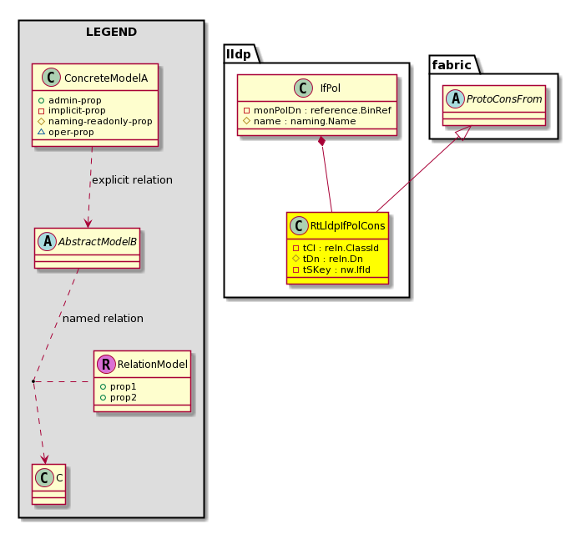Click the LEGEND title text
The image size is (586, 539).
coord(111,33)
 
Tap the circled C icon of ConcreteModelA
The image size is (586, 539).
coord(51,78)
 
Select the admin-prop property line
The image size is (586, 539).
coord(70,100)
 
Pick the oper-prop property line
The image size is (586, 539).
coord(66,132)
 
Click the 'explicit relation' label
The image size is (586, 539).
coord(132,180)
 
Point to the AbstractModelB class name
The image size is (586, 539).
coord(98,242)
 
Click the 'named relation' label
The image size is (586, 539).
coord(103,318)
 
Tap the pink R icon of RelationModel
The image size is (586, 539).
coord(106,364)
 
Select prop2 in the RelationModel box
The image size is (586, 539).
coord(119,397)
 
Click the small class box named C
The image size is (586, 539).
coord(49,484)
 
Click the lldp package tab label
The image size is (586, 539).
coord(239,54)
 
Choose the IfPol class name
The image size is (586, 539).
coord(331,88)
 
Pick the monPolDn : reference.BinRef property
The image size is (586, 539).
coord(318,111)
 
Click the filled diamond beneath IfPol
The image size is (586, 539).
coord(321,142)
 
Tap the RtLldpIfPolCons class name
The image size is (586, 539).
coord(347,225)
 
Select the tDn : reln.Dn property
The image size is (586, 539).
coord(328,259)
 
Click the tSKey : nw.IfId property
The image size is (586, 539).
coord(331,269)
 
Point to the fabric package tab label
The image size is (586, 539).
coord(452,65)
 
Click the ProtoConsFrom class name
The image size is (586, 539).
coord(504,99)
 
